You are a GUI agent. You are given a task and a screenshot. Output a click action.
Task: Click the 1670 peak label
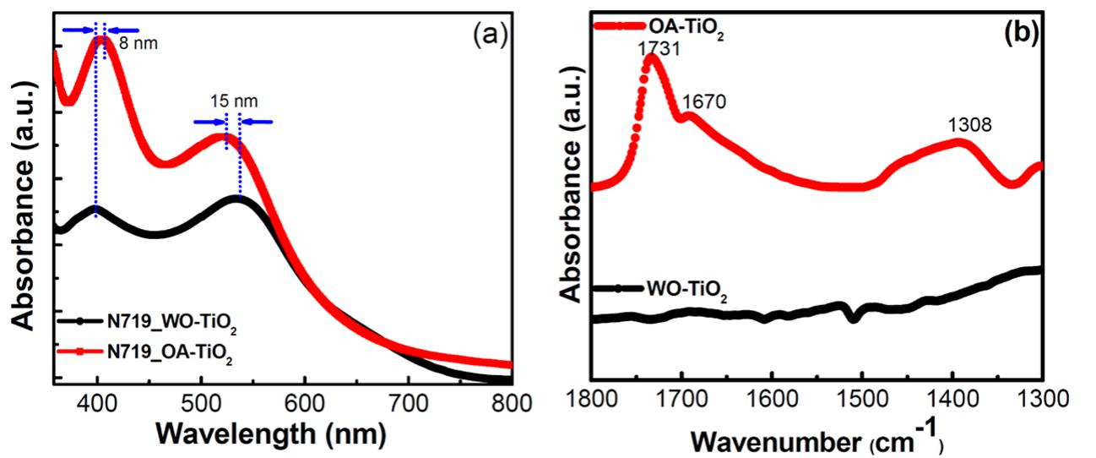pyautogui.click(x=703, y=101)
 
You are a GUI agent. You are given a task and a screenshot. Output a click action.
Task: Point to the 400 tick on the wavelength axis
pyautogui.click(x=97, y=403)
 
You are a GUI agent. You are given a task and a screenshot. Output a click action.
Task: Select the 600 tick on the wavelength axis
pyautogui.click(x=305, y=403)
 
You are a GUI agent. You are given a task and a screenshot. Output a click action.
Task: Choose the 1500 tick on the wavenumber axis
pyautogui.click(x=861, y=395)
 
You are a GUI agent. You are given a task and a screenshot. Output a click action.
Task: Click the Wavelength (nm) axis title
pyautogui.click(x=271, y=433)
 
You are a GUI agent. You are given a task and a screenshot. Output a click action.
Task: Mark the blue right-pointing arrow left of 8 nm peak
pyautogui.click(x=78, y=30)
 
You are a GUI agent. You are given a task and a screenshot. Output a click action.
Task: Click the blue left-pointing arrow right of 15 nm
pyautogui.click(x=259, y=122)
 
